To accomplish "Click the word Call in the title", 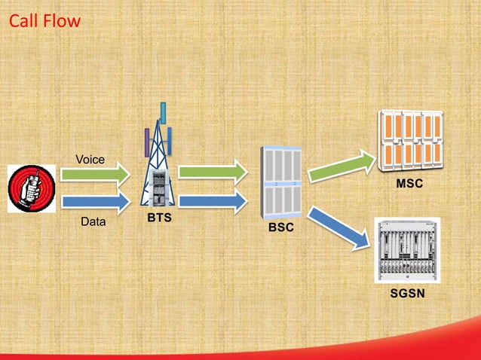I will coord(23,21).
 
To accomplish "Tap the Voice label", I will coord(90,159).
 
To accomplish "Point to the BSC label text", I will coord(280,227).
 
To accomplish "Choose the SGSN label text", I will coord(407,291).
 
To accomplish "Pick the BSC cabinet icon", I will coord(280,181).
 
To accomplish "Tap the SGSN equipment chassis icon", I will coord(407,249).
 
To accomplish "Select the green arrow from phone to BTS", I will coord(93,175).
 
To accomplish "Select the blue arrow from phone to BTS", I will coord(93,201).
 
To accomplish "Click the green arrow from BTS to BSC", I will coord(213,172).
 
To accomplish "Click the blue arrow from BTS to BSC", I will coord(213,200).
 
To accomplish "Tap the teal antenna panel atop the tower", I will coord(162,112).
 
